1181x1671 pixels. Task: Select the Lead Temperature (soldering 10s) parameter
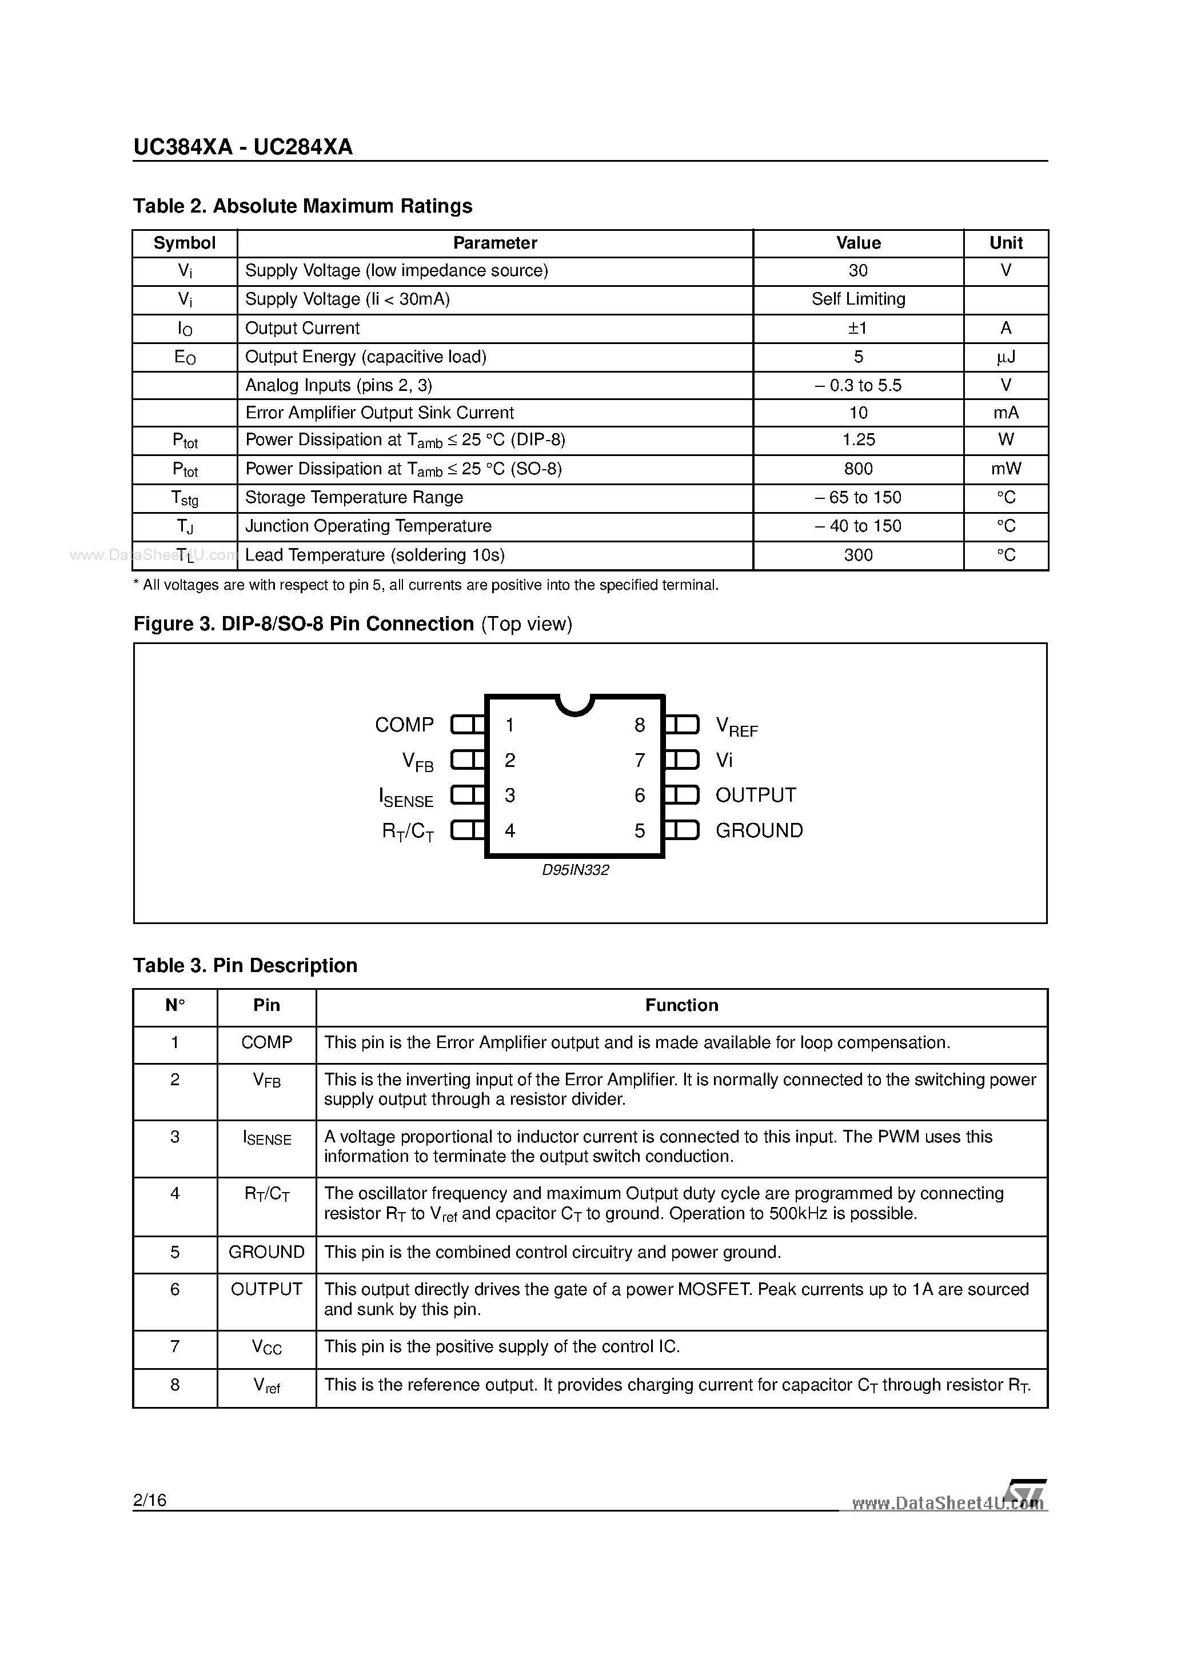click(374, 555)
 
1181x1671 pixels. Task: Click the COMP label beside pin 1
click(404, 725)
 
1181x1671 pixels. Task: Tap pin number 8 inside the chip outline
click(639, 725)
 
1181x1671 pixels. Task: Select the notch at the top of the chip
click(574, 703)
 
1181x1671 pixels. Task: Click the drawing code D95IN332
click(575, 870)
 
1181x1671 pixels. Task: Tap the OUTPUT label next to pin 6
click(755, 795)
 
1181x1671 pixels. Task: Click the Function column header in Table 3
click(681, 1005)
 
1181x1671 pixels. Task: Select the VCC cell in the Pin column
click(266, 1347)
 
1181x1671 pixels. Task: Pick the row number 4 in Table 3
click(175, 1194)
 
